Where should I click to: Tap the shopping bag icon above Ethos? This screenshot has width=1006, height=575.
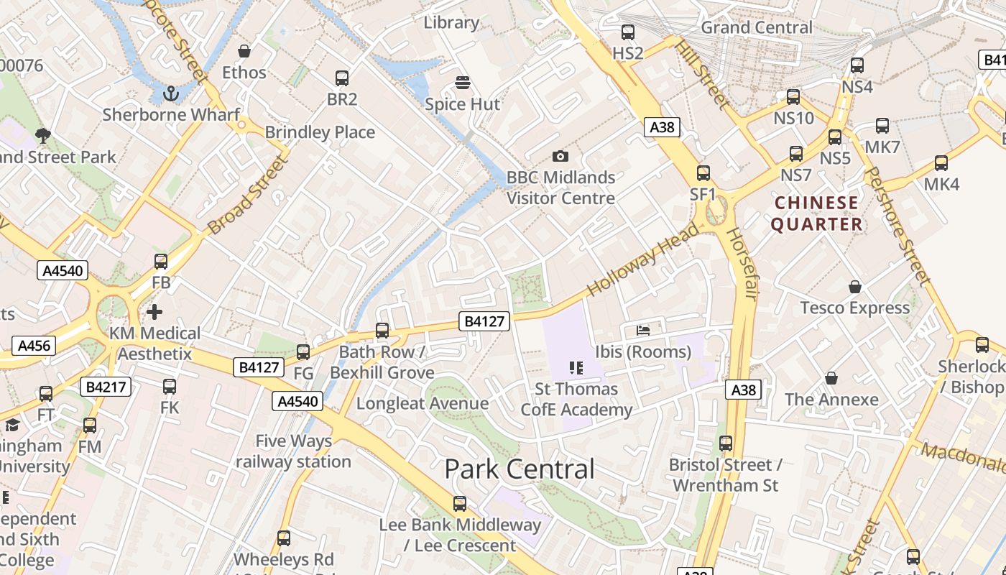click(x=244, y=51)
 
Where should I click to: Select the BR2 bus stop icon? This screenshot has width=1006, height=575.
click(x=342, y=78)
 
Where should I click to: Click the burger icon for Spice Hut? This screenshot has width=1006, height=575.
click(x=462, y=83)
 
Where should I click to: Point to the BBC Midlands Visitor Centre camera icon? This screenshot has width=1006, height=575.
click(x=560, y=156)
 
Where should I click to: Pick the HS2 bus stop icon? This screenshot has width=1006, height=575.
click(x=628, y=32)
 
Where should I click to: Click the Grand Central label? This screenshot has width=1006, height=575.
click(x=757, y=27)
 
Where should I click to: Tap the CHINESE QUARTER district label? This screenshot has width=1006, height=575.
click(x=817, y=213)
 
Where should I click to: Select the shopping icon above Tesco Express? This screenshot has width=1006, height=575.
click(x=855, y=287)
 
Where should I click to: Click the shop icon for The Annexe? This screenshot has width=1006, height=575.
click(x=831, y=378)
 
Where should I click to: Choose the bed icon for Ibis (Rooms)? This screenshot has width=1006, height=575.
click(x=643, y=331)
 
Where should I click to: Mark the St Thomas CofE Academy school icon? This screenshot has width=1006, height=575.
click(x=576, y=368)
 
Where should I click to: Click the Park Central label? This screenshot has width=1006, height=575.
click(x=520, y=469)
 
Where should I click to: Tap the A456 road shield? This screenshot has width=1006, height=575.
click(x=34, y=346)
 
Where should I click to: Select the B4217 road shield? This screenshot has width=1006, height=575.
click(x=106, y=387)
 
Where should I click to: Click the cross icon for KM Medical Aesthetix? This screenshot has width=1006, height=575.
click(x=154, y=312)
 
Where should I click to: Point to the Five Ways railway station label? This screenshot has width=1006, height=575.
click(x=293, y=451)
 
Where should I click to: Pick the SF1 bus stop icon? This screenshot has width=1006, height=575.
click(x=703, y=173)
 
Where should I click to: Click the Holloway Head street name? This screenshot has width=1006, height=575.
click(x=642, y=259)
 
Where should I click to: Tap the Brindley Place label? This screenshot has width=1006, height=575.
click(x=320, y=132)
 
